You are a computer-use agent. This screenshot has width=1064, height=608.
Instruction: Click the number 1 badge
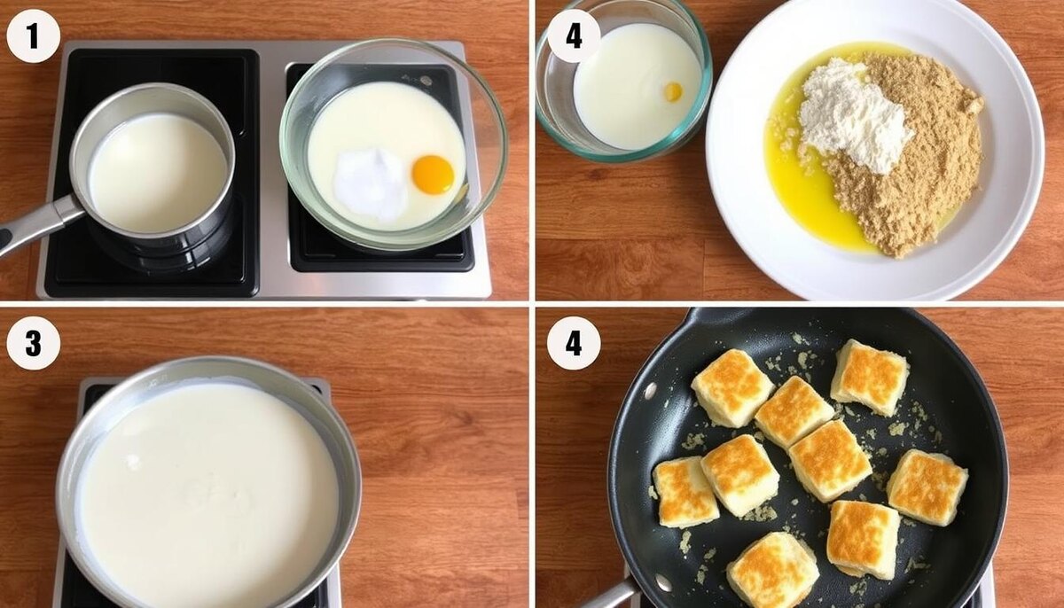[x=34, y=36]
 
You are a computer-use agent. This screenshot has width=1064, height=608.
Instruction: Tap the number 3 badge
[x=34, y=343]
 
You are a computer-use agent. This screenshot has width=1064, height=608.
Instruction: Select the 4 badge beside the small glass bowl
[x=574, y=36]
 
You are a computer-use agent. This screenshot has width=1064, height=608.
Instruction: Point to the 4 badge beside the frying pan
[x=574, y=343]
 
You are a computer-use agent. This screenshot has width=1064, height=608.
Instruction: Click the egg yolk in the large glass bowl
[x=433, y=175]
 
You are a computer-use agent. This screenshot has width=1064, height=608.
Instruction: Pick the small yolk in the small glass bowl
[x=674, y=91]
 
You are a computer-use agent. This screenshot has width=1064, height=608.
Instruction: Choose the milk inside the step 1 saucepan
[x=158, y=173]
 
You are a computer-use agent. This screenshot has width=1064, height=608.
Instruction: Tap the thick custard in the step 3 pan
[x=209, y=494]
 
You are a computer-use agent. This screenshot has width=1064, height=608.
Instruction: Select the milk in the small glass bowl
[x=637, y=86]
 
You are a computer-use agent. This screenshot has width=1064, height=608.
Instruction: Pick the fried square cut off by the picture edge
[x=773, y=571]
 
